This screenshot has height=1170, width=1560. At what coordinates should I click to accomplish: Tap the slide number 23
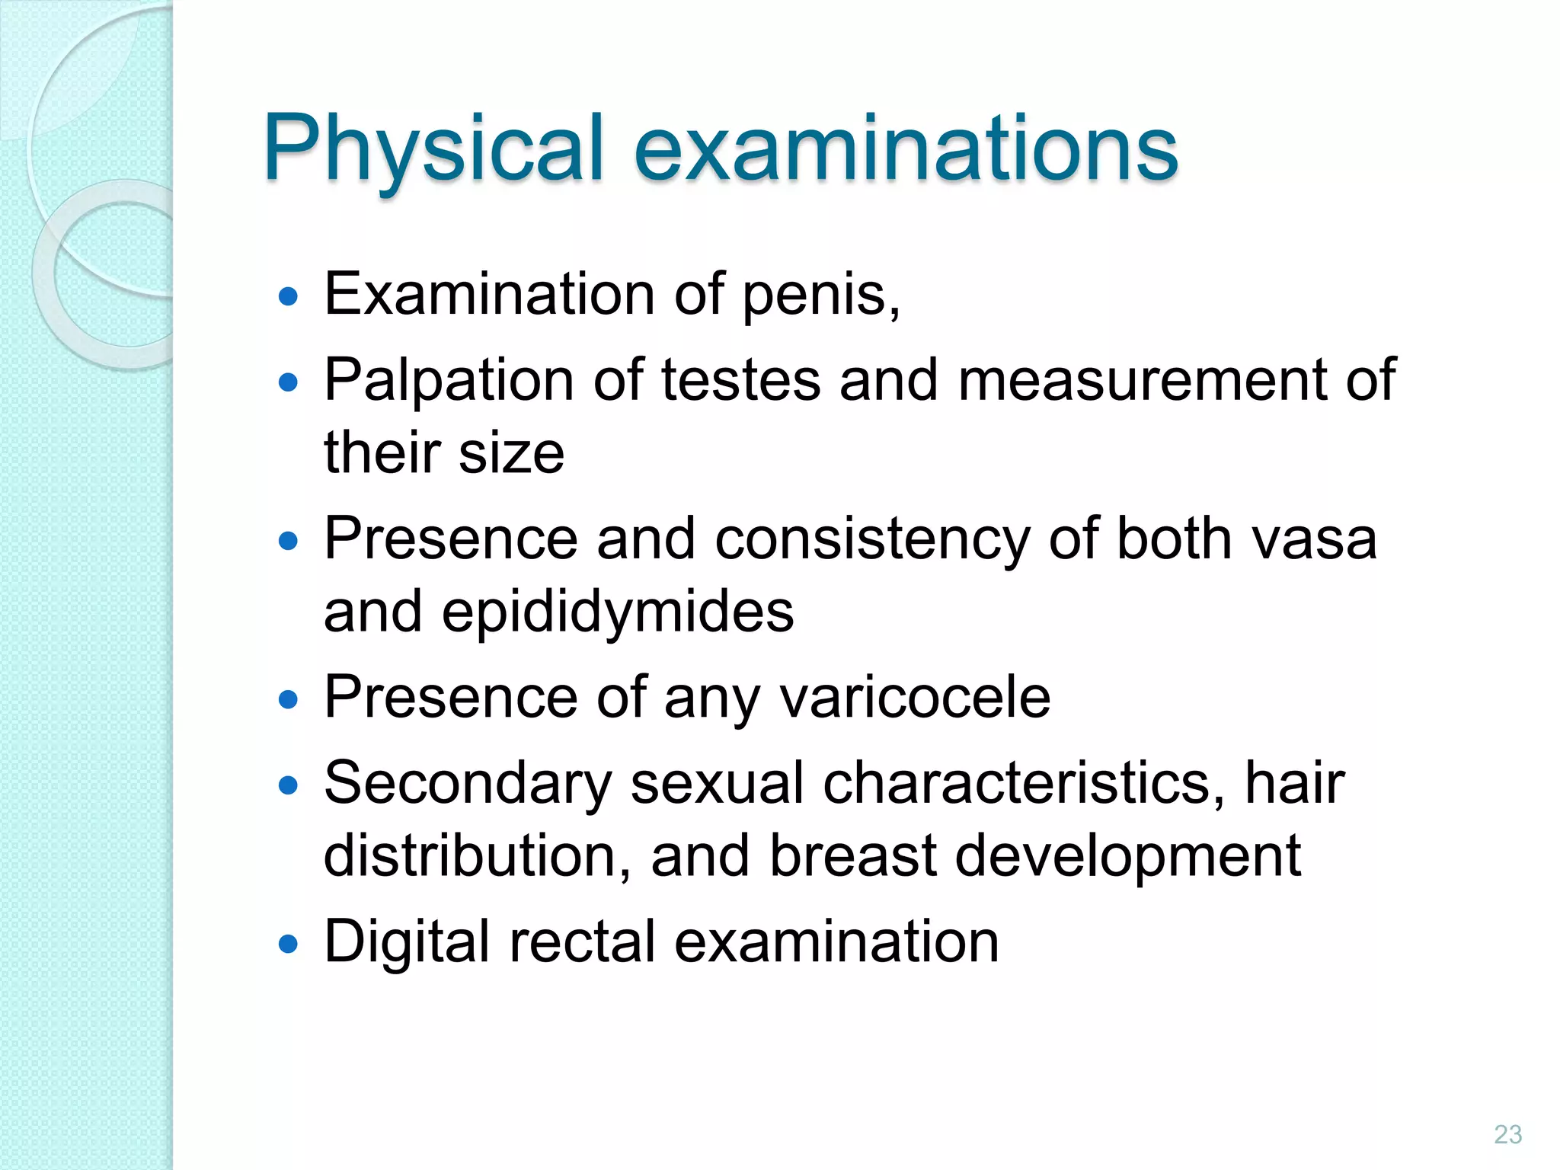[1507, 1134]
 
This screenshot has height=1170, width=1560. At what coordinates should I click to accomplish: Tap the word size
[511, 452]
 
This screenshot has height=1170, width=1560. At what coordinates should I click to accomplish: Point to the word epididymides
[618, 612]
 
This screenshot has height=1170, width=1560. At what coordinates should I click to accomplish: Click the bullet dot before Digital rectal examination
[288, 945]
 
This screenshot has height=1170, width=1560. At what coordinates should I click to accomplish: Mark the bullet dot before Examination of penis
[288, 296]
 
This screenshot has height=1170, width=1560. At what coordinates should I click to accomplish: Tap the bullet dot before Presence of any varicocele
[288, 699]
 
